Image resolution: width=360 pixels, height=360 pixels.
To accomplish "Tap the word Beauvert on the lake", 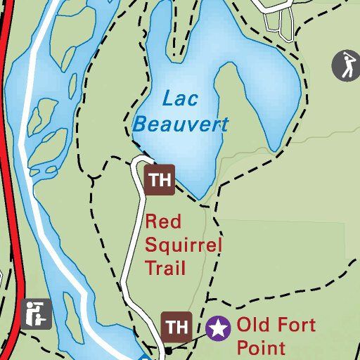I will click(181, 125).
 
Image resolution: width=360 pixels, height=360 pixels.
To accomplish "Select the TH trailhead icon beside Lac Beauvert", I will click(160, 179).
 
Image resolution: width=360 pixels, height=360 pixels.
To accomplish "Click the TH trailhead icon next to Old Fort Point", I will click(177, 327).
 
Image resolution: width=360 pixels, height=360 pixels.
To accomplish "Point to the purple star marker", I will click(219, 328).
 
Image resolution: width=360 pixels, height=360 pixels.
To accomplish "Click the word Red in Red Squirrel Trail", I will click(160, 222).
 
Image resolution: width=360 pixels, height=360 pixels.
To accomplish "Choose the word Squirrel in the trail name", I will click(183, 245).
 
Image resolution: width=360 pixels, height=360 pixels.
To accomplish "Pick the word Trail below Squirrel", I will click(165, 267).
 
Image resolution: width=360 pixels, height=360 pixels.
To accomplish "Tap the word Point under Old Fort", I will click(261, 347).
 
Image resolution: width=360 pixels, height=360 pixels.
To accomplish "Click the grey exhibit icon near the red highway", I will click(36, 314).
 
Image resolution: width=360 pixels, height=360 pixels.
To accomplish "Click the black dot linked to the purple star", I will click(169, 349).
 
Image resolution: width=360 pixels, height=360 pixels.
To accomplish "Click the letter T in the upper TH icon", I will click(153, 179).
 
